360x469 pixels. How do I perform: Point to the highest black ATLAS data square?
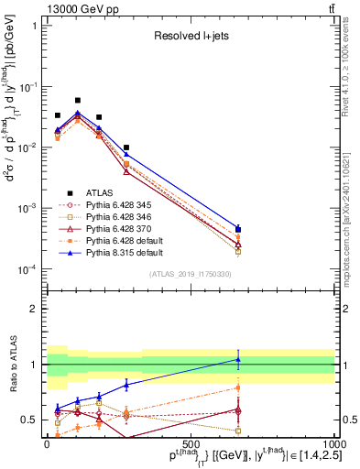(78, 100)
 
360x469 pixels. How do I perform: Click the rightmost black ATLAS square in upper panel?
(238, 229)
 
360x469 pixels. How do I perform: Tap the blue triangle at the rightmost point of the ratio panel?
(238, 359)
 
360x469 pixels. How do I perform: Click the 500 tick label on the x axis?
(190, 442)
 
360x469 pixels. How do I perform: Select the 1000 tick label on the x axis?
(333, 442)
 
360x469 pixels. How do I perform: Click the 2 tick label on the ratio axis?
(36, 309)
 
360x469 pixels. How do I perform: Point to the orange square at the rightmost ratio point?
(238, 387)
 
